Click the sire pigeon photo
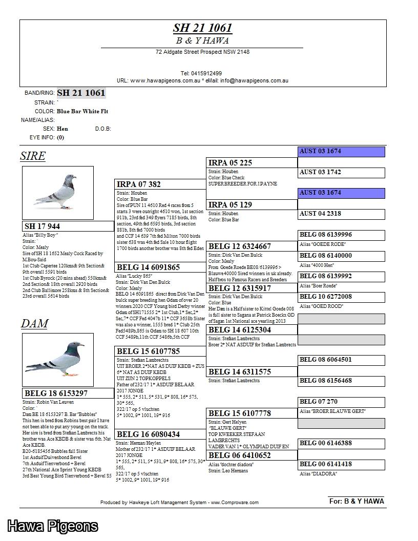tap(58, 193)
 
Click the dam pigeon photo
tap(58, 360)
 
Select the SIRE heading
tap(33, 156)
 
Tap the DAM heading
tap(34, 323)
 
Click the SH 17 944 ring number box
tap(68, 226)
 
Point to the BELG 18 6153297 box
tap(68, 393)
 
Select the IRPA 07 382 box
tap(161, 184)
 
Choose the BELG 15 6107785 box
tap(161, 351)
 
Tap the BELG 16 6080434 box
tap(161, 434)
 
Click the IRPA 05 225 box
tap(252, 163)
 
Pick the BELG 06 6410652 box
tap(252, 455)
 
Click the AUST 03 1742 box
tap(341, 172)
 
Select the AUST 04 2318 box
tap(341, 214)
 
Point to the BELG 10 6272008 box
tap(341, 297)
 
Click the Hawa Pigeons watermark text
tap(52, 526)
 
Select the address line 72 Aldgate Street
tap(202, 52)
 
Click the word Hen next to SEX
tap(62, 129)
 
